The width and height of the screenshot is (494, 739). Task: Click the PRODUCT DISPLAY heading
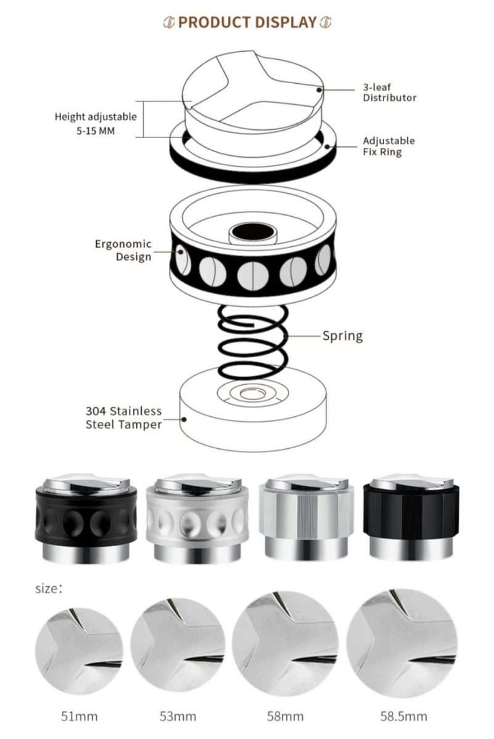pyautogui.click(x=247, y=23)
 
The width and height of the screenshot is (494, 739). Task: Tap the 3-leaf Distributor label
pyautogui.click(x=389, y=92)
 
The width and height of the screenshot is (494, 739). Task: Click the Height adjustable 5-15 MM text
pyautogui.click(x=96, y=123)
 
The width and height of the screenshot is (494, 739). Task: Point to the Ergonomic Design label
pyautogui.click(x=123, y=250)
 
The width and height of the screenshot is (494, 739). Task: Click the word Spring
pyautogui.click(x=342, y=336)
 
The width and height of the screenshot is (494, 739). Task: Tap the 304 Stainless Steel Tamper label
pyautogui.click(x=123, y=418)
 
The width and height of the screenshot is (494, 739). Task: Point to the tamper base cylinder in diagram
pyautogui.click(x=253, y=419)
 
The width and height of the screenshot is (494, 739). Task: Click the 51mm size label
pyautogui.click(x=78, y=716)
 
